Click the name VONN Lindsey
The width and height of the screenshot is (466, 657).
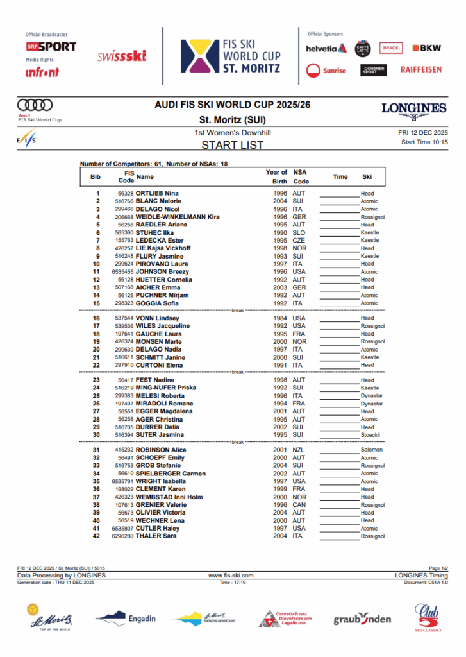157,318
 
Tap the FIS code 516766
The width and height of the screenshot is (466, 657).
124,201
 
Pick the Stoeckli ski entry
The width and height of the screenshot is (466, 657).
370,435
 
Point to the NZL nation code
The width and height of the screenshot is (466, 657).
299,450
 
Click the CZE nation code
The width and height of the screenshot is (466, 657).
299,241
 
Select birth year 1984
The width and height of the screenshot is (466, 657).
280,318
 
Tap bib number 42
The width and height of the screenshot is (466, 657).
97,536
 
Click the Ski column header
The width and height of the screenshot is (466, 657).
367,176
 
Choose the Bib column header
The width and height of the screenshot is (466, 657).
96,176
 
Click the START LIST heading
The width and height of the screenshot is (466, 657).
232,145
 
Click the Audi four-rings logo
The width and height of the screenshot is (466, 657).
35,105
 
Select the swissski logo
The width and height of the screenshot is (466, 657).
122,56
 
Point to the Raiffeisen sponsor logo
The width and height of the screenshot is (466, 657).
420,69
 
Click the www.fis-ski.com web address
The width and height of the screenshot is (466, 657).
231,576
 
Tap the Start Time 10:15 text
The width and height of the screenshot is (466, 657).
424,142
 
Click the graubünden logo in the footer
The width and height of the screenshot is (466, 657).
362,619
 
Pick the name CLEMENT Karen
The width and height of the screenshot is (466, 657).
162,490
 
